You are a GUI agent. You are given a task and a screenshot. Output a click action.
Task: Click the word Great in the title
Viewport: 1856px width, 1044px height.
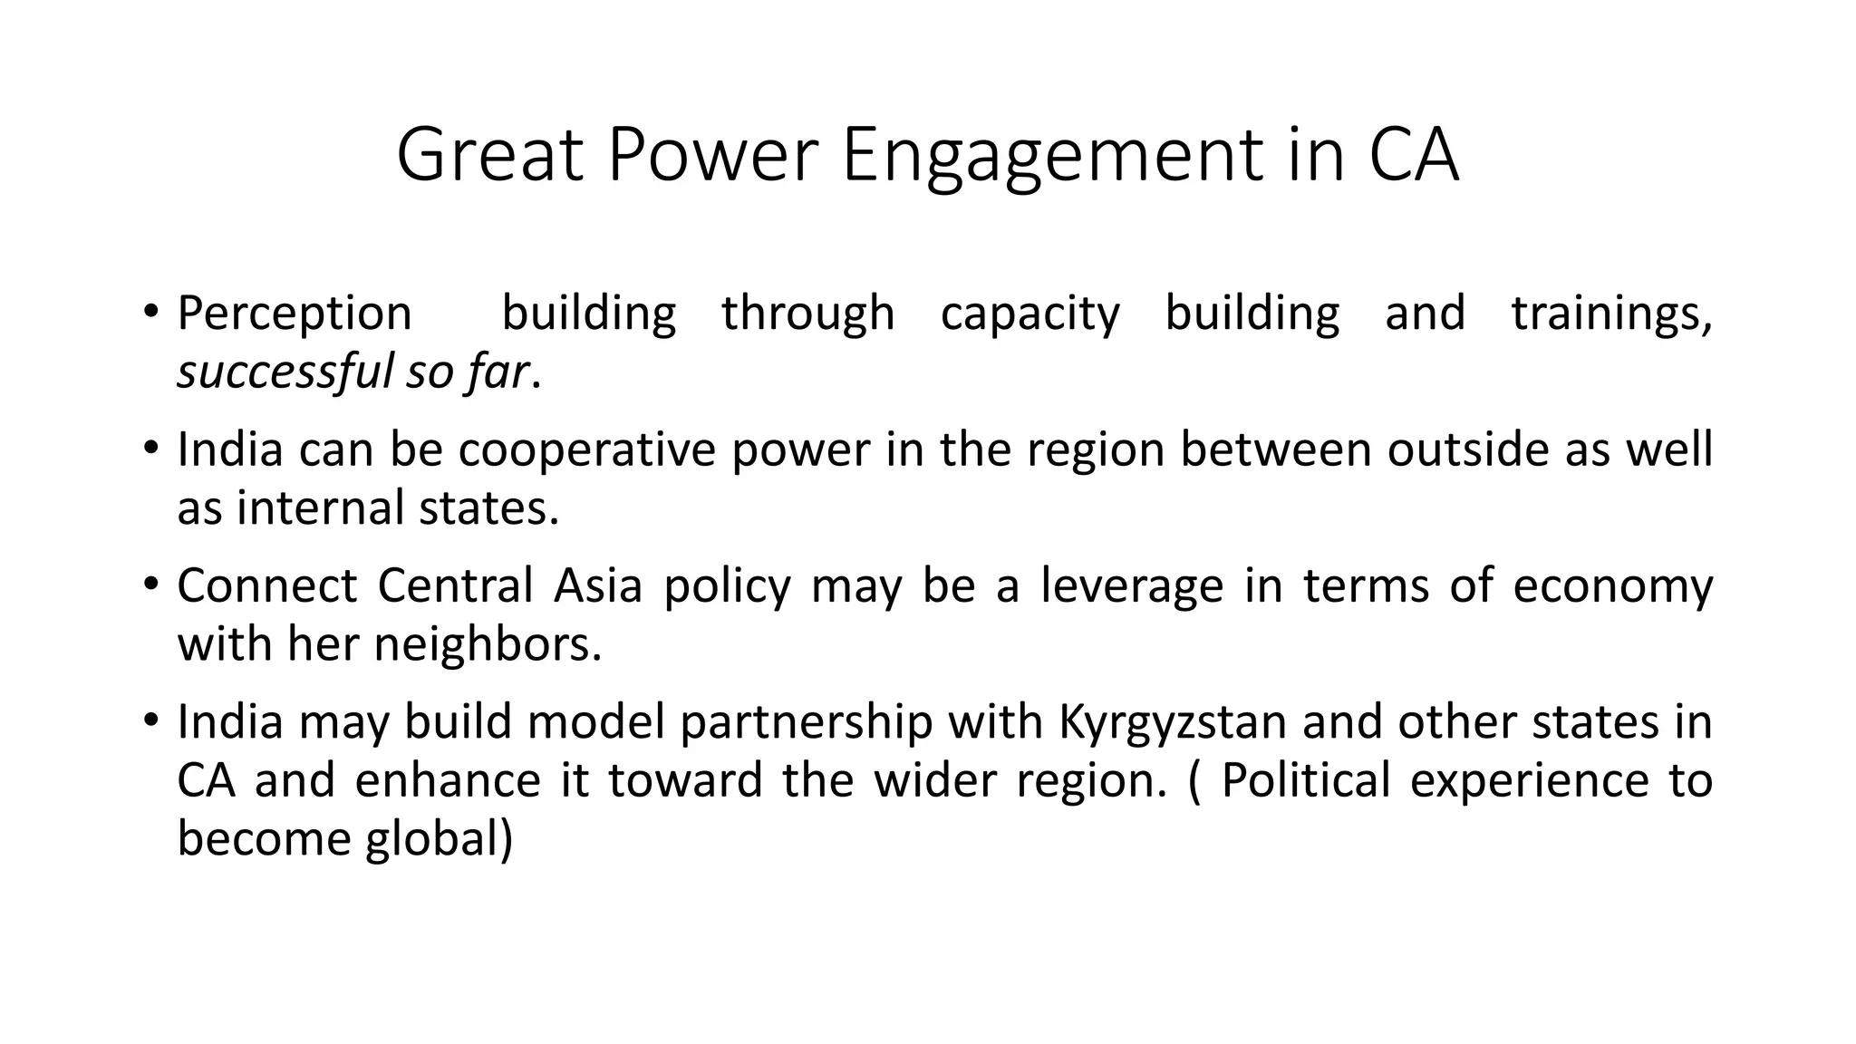[489, 155]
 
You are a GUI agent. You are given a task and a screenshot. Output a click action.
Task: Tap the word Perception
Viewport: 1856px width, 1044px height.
[295, 314]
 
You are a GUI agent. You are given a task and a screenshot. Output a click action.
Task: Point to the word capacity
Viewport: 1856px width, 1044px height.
[1030, 314]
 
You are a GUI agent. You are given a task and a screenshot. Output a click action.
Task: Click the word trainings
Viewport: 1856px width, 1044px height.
[1610, 314]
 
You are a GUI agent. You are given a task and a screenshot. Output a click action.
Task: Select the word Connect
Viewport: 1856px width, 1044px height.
[267, 585]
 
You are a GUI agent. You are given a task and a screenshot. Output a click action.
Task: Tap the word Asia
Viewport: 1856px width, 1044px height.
[597, 585]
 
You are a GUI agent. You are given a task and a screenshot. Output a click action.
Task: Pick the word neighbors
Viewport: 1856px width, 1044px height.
[488, 644]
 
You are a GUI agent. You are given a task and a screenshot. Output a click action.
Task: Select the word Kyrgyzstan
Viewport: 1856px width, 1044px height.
[1173, 722]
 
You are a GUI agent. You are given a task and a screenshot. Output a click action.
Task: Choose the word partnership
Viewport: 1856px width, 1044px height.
[806, 722]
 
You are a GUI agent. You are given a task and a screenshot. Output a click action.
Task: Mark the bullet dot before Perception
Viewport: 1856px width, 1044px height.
[150, 312]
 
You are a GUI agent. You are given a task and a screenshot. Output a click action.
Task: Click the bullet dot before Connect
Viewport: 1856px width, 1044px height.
[150, 584]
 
